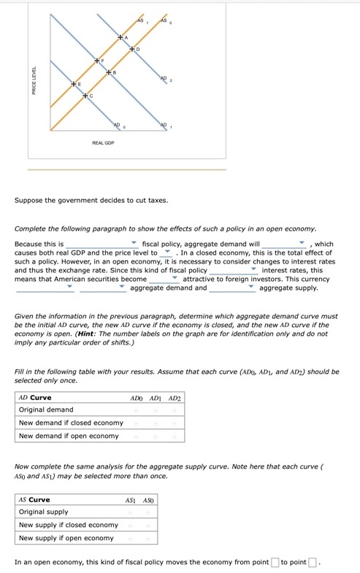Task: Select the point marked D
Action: [x=132, y=49]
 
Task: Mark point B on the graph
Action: [x=108, y=72]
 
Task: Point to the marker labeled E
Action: [x=73, y=85]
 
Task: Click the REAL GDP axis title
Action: [x=102, y=144]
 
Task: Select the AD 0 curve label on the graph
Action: [x=120, y=126]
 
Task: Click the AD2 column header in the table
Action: [x=175, y=398]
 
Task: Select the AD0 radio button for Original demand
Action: [x=136, y=411]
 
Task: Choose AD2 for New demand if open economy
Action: [x=175, y=437]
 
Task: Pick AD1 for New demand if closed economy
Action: [x=155, y=423]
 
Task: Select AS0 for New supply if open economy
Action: [x=148, y=539]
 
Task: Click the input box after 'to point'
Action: [x=312, y=562]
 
